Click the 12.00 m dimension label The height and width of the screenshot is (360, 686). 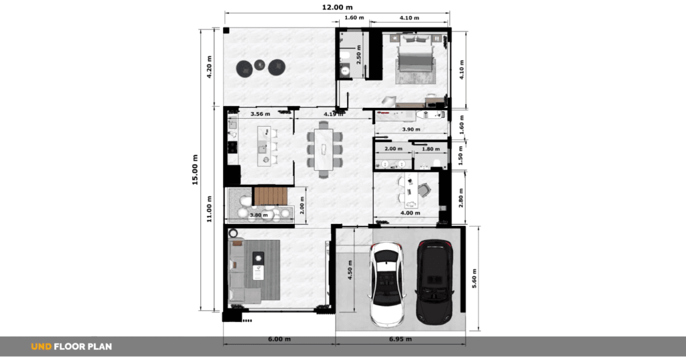[x=338, y=7]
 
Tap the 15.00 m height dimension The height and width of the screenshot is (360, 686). [x=195, y=170]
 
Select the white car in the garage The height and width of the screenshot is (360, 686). [x=387, y=284]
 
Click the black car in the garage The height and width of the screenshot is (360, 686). [x=434, y=282]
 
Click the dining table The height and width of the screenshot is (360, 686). [x=324, y=149]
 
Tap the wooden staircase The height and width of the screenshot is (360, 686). [x=270, y=196]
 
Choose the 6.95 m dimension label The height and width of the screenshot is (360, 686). [x=401, y=339]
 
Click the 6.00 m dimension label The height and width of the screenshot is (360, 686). [x=279, y=339]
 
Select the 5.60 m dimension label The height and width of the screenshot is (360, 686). [x=474, y=278]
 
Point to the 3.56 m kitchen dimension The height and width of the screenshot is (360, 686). [x=261, y=114]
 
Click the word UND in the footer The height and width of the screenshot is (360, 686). [x=41, y=347]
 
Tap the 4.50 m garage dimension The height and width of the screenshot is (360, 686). [x=350, y=269]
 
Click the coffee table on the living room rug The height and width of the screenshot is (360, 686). [x=258, y=266]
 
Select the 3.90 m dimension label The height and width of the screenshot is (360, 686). [x=411, y=129]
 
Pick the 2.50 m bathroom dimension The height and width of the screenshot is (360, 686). [x=359, y=55]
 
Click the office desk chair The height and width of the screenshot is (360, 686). [x=424, y=190]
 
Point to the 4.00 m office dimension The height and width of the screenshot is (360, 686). [x=411, y=213]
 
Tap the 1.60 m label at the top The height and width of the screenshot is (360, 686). [x=354, y=17]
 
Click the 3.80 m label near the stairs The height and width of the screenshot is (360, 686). [x=259, y=215]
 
